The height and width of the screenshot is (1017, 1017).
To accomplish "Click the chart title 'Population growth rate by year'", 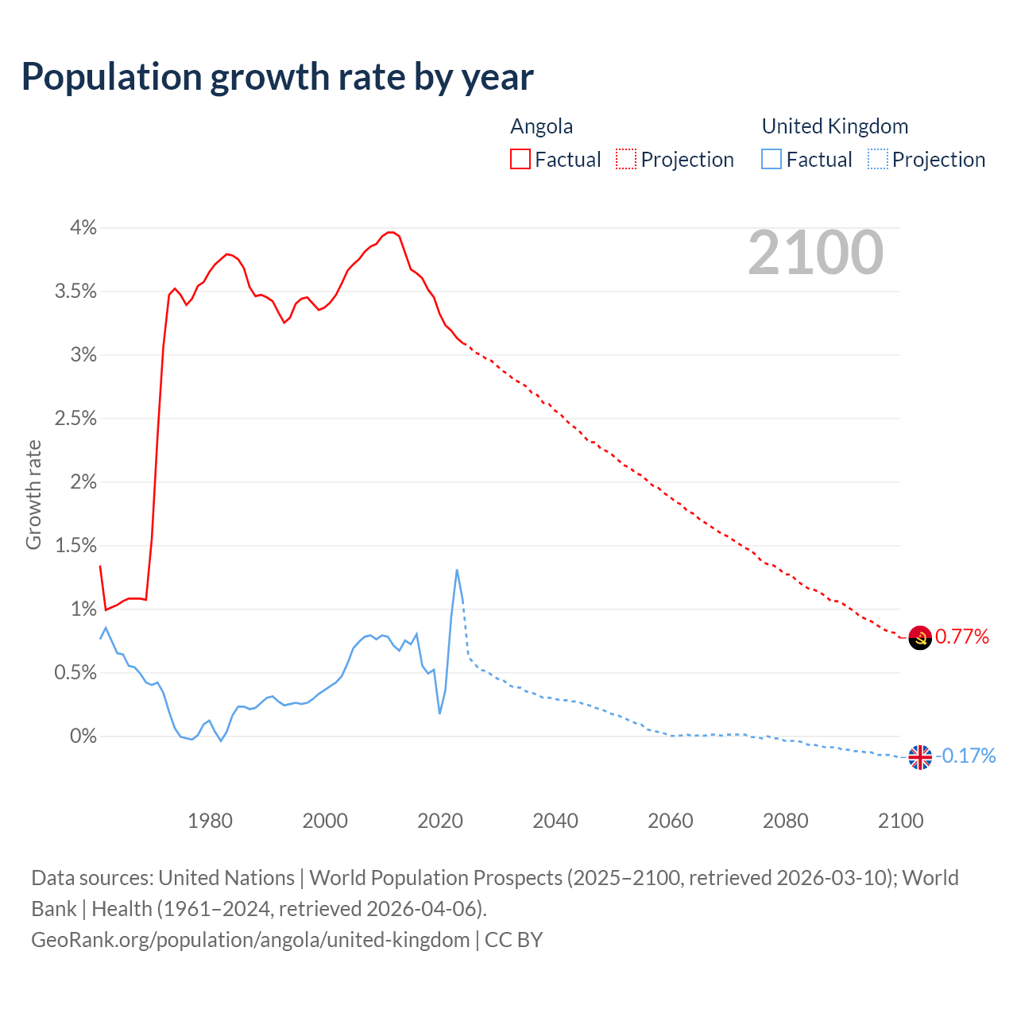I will [x=277, y=77].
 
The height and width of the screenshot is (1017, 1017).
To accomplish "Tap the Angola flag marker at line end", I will [x=919, y=637].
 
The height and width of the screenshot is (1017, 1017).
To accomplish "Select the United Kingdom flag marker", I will [x=919, y=757].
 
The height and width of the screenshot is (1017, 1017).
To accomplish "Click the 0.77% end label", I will [x=962, y=636].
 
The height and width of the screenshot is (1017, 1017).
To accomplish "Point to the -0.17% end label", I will [x=966, y=756].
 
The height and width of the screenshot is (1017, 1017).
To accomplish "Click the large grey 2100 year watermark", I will [x=815, y=253].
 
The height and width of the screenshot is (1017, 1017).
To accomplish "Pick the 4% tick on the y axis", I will [x=83, y=228].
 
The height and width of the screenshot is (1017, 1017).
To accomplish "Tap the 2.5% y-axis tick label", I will [x=75, y=419].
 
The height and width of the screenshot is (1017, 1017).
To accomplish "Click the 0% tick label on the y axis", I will [x=83, y=737].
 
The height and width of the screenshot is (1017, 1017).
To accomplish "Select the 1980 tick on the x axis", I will [x=210, y=821].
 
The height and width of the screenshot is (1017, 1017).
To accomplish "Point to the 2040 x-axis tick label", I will [x=555, y=821].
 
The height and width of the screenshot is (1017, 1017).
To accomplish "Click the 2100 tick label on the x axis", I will [x=900, y=821].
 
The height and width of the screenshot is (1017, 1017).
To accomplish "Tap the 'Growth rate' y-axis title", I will [x=33, y=494].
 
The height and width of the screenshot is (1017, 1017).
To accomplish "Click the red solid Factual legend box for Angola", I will [x=520, y=160].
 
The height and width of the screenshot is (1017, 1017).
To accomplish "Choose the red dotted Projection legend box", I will [x=626, y=160].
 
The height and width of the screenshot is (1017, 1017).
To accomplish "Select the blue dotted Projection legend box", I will [x=878, y=160].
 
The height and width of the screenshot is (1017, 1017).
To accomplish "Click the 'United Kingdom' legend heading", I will [x=834, y=126].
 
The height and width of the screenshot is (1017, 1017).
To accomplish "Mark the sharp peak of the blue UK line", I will [x=457, y=570].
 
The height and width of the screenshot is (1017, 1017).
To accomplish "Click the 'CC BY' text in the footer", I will [x=513, y=940].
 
